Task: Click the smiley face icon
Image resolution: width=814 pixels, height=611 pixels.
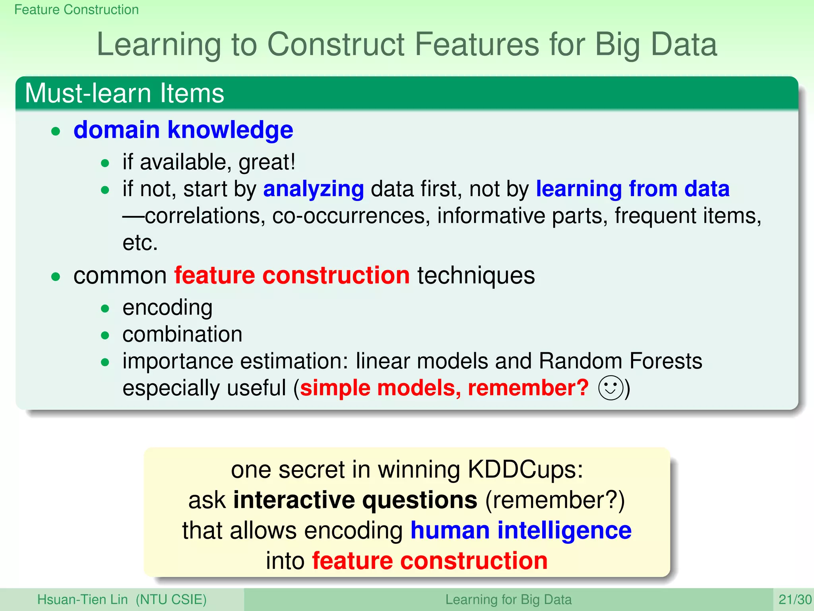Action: tap(610, 388)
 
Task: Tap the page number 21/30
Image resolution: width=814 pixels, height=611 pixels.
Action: tap(795, 599)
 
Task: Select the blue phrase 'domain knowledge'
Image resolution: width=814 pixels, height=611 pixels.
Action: tap(183, 130)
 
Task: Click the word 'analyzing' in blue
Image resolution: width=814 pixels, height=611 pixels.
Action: tap(314, 189)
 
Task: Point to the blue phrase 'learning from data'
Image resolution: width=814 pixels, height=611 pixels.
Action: tap(632, 189)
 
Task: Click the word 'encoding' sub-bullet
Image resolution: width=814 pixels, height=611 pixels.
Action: tap(167, 307)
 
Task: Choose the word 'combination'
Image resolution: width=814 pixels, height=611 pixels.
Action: tap(182, 334)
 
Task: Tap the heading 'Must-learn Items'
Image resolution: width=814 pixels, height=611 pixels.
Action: tap(124, 93)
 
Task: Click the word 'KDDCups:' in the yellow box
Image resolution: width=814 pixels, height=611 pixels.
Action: tap(525, 470)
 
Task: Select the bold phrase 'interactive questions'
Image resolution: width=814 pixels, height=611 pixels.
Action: tap(355, 500)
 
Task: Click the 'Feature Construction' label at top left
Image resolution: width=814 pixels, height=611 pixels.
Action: tap(76, 10)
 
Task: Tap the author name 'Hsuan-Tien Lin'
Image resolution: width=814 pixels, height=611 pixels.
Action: tap(82, 599)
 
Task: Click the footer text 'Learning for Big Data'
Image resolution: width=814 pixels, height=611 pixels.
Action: tap(508, 599)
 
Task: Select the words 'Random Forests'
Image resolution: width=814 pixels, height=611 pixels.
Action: tap(620, 361)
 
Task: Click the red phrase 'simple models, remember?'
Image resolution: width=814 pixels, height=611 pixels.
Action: tap(444, 388)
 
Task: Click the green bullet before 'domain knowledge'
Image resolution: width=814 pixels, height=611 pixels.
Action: tap(56, 131)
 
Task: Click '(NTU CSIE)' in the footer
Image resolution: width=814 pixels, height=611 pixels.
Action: tap(171, 599)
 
